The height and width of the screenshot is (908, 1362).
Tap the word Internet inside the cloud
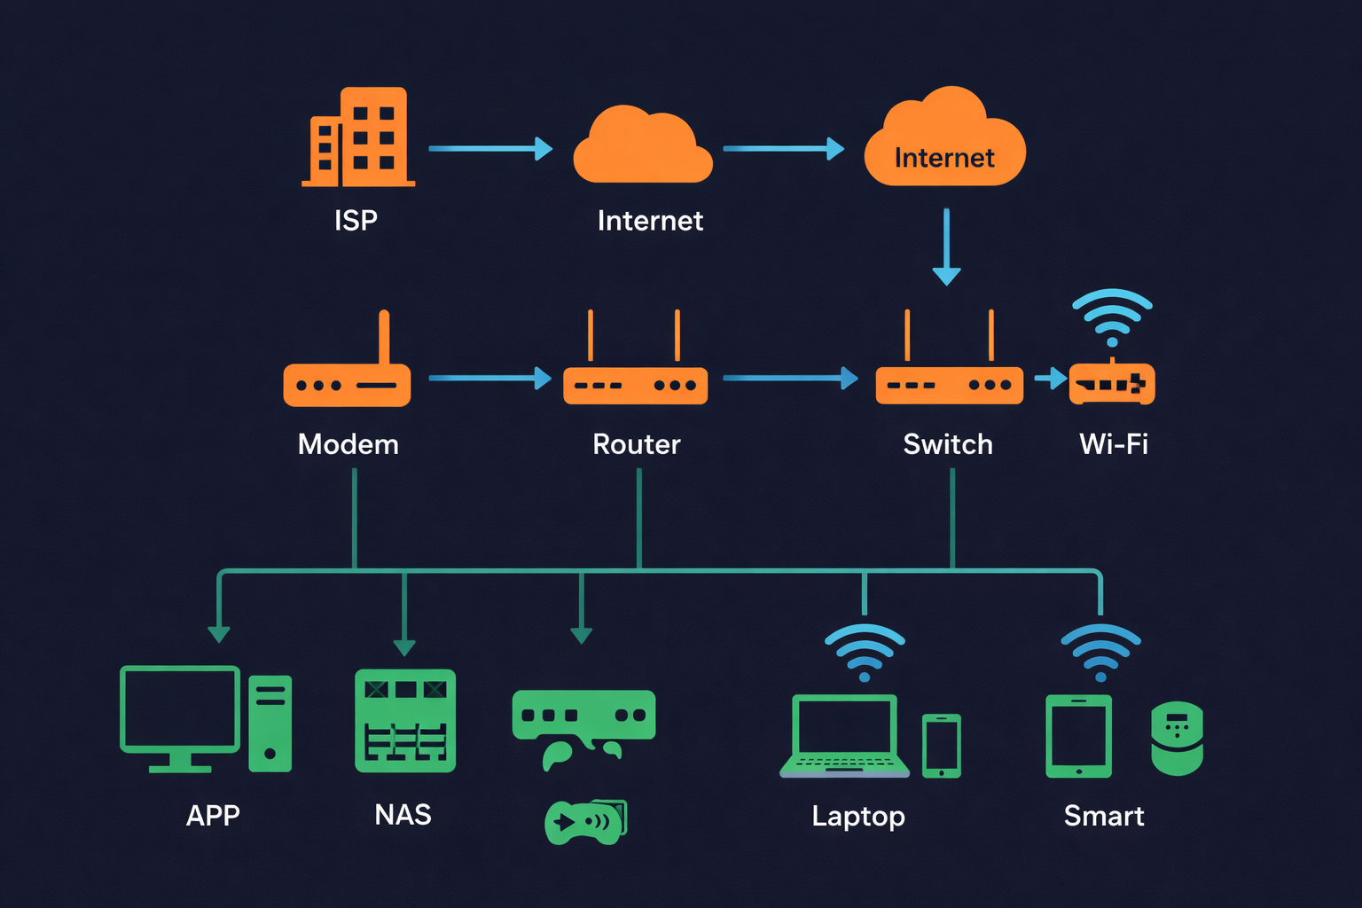[x=944, y=158]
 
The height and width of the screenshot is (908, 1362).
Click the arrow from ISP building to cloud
[x=489, y=148]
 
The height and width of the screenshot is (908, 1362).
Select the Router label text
[x=636, y=443]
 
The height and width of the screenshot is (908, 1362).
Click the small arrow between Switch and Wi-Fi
[x=1050, y=379]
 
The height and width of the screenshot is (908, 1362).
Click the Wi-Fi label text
[x=1113, y=443]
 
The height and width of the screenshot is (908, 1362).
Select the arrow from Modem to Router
[x=489, y=378]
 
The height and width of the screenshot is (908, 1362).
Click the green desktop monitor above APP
[x=180, y=714]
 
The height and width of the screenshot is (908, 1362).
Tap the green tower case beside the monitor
[x=270, y=723]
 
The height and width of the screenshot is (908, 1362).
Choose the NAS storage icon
[x=405, y=720]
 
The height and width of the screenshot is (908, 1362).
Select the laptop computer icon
[x=844, y=736]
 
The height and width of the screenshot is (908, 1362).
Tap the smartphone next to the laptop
[x=941, y=745]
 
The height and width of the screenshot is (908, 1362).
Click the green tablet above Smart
[x=1078, y=736]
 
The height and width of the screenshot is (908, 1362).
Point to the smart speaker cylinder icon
[x=1177, y=738]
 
